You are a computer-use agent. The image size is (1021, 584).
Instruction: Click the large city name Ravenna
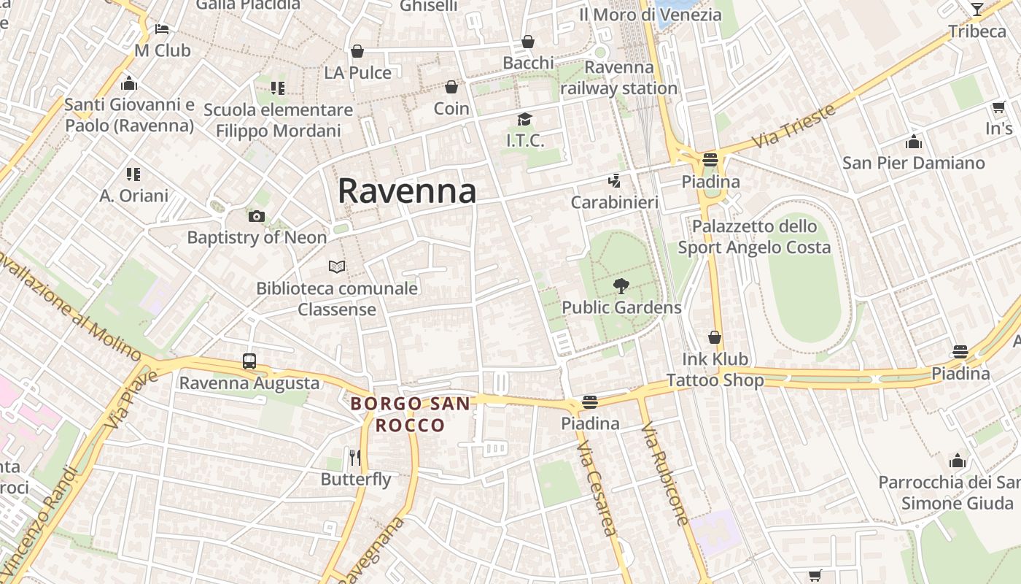(x=407, y=191)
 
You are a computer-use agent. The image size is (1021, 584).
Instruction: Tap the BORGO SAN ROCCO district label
(x=410, y=414)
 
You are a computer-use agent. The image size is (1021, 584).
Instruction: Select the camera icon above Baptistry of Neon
(x=257, y=216)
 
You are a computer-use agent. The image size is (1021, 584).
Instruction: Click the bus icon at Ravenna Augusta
(x=249, y=361)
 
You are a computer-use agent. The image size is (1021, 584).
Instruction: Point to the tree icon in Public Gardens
(x=621, y=285)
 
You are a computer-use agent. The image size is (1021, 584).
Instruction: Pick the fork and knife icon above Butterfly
(x=356, y=458)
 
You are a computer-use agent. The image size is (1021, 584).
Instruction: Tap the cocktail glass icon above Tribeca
(x=977, y=9)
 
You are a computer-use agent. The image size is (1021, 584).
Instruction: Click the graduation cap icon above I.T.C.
(x=525, y=119)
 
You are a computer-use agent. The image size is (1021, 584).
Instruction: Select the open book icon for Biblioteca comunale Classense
(x=337, y=266)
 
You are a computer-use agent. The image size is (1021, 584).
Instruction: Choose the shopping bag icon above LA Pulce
(x=357, y=51)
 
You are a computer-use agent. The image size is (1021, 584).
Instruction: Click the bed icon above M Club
(x=162, y=29)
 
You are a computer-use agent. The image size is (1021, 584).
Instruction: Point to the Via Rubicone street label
(x=665, y=477)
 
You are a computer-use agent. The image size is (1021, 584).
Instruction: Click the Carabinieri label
(x=614, y=202)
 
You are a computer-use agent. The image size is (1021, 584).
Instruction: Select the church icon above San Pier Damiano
(x=914, y=142)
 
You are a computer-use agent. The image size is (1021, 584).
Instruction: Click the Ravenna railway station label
(x=619, y=77)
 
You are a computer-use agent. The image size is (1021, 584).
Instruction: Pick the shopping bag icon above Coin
(x=451, y=88)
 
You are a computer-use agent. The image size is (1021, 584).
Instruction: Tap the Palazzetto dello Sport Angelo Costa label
(x=754, y=237)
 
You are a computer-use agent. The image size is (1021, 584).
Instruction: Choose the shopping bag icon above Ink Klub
(x=715, y=337)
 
